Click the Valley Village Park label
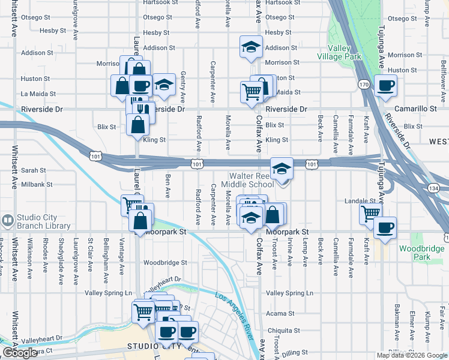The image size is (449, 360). coord(344,52)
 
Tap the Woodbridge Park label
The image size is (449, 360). coord(430,252)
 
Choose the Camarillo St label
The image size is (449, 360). coord(420,109)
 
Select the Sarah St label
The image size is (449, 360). coord(34,170)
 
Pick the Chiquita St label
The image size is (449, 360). coord(283,330)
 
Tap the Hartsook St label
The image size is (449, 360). coord(281,3)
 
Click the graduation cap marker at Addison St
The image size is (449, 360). coord(251,47)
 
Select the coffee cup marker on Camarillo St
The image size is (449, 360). coord(385,85)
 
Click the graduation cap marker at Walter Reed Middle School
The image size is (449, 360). coord(281,168)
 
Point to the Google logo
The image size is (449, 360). coord(20,353)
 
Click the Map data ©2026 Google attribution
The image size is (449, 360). coord(412,355)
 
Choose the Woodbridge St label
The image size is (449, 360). coord(165,262)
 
